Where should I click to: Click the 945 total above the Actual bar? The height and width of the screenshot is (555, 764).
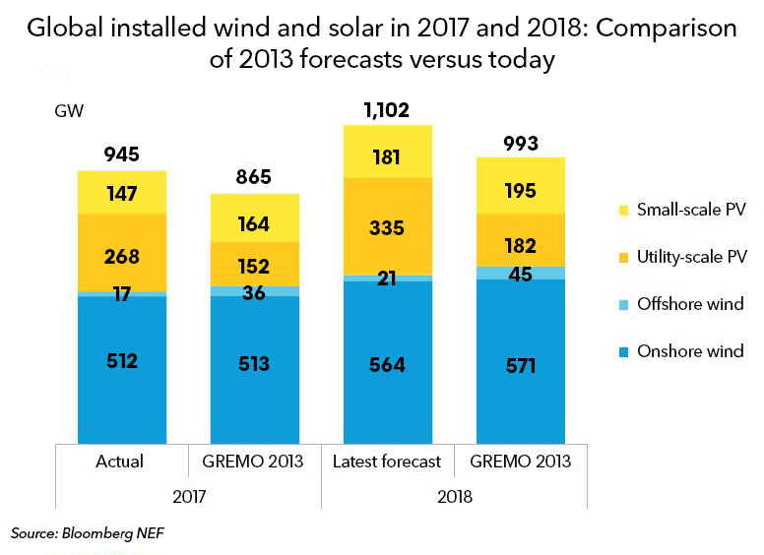122,154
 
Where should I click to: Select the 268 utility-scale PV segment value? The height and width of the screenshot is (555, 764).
122,257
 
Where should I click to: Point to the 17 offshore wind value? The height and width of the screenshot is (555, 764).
122,293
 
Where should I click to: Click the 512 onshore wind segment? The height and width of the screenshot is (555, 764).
122,361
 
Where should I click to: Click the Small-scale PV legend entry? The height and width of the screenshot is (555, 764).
680,209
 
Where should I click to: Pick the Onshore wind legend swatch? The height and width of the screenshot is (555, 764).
618,351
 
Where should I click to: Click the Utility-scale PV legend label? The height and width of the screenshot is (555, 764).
691,257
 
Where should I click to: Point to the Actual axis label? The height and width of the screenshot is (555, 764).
121,461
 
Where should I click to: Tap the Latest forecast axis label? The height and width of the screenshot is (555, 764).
387,461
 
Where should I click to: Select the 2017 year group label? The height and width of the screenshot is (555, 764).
188,497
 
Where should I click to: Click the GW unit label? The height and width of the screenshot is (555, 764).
69,110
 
